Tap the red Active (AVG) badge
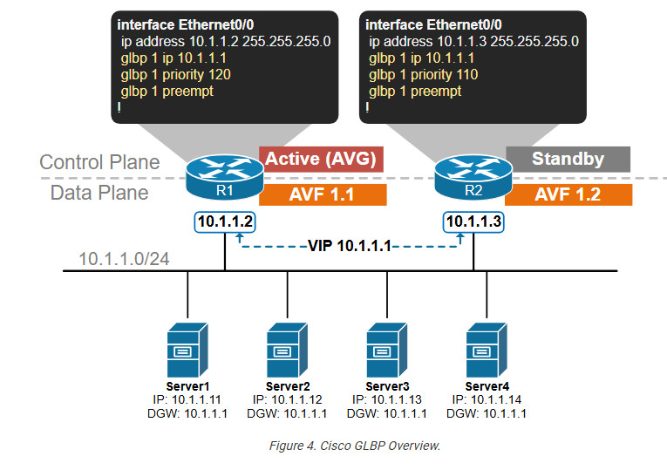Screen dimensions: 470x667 [x=321, y=159]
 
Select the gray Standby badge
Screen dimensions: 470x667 [x=568, y=159]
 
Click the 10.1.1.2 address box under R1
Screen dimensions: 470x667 [x=226, y=223]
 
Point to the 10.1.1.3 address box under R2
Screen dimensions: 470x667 [x=473, y=223]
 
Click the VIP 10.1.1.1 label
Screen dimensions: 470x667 [x=350, y=247]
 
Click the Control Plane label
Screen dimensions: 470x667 [x=99, y=162]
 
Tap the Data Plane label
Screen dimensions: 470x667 [x=99, y=193]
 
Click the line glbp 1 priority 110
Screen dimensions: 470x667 [x=424, y=74]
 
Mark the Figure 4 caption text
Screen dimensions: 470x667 [x=354, y=446]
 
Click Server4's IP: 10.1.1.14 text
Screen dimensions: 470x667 [x=486, y=399]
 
